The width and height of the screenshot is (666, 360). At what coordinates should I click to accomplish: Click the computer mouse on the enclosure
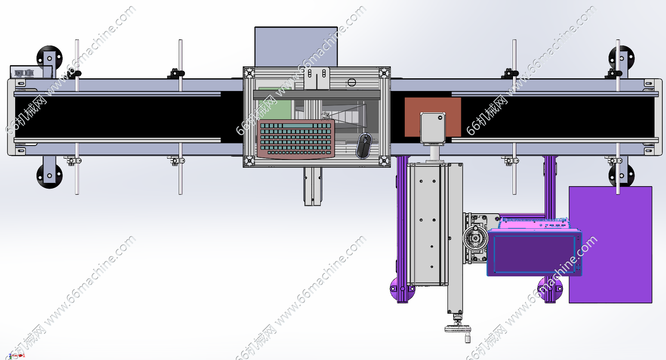pyautogui.click(x=364, y=146)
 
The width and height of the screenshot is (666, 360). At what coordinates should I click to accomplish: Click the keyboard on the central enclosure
pyautogui.click(x=296, y=139)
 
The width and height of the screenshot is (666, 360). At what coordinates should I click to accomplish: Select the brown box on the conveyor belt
pyautogui.click(x=433, y=117)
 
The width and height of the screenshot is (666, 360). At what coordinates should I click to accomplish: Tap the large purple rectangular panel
pyautogui.click(x=610, y=245)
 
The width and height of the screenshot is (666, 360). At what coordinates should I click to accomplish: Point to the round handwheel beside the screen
pyautogui.click(x=475, y=238)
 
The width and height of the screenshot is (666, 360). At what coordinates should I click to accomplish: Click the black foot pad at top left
pyautogui.click(x=49, y=58)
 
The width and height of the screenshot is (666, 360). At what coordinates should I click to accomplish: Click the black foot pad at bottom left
pyautogui.click(x=49, y=175)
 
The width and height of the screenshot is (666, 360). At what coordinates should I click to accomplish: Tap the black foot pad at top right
pyautogui.click(x=621, y=58)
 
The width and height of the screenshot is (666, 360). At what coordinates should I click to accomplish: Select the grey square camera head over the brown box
pyautogui.click(x=433, y=128)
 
